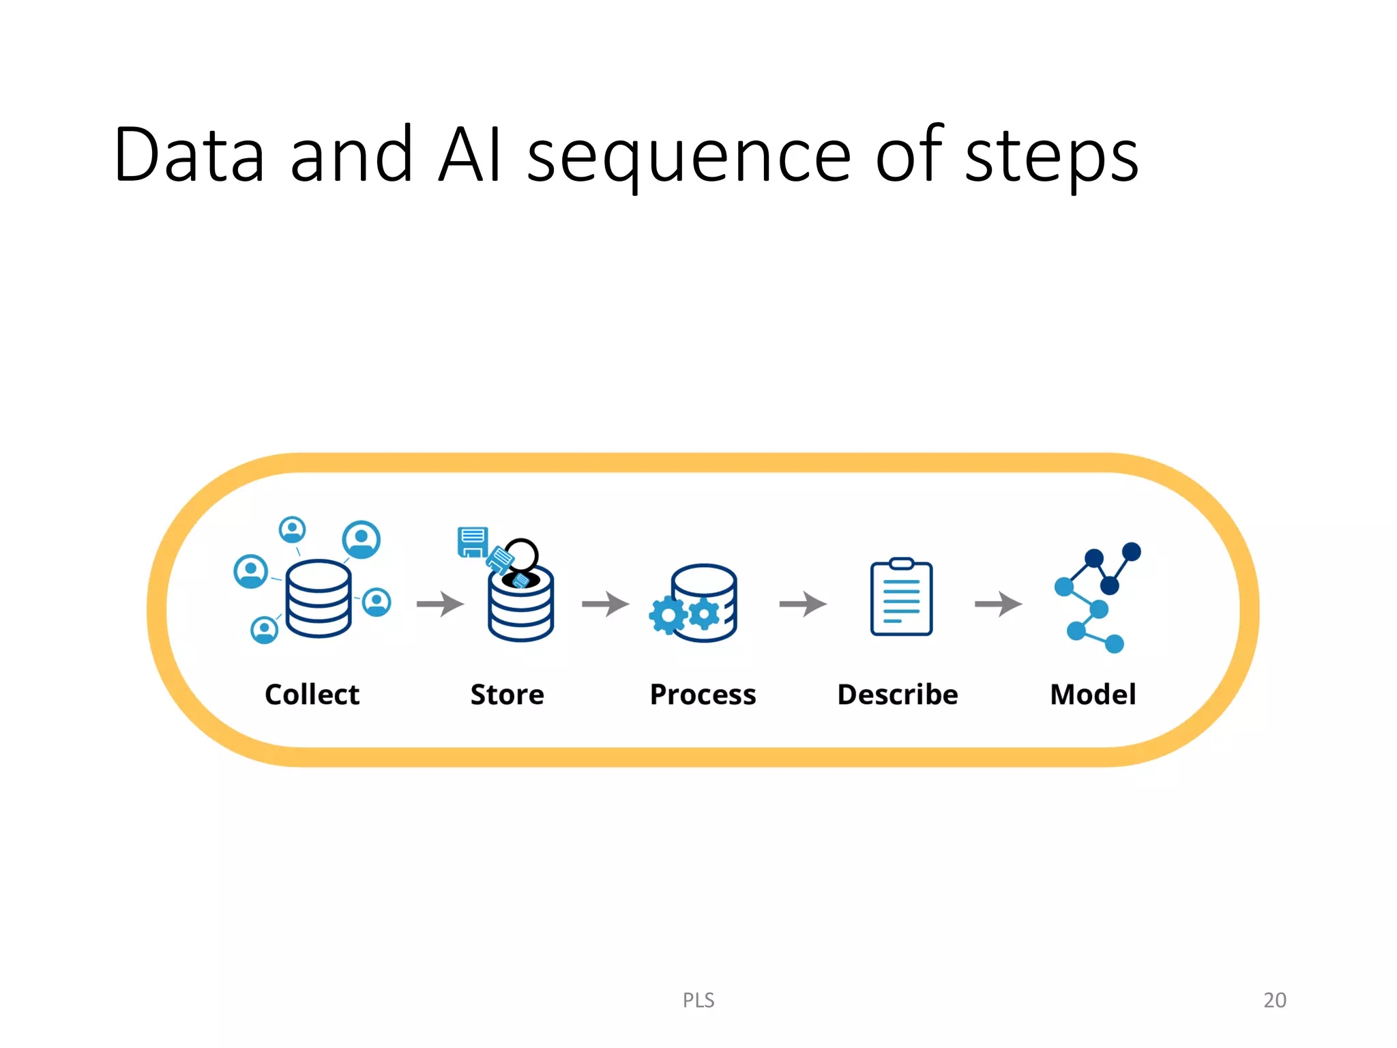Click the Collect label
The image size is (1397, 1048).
tap(312, 695)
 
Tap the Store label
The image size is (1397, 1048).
tap(507, 695)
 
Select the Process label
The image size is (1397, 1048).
tap(703, 695)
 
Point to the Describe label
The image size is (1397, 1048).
tap(898, 695)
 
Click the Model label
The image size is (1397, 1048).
tap(1093, 695)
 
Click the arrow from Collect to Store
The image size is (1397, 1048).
tap(441, 604)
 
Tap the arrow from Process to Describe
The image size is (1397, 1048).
tap(803, 604)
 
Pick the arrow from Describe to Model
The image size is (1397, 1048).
tap(999, 604)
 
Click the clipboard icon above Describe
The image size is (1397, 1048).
tap(901, 598)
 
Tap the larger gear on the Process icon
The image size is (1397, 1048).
tap(668, 615)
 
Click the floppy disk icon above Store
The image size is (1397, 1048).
tap(472, 542)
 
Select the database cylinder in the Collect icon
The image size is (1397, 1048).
tap(319, 598)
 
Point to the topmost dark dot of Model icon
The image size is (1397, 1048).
tap(1131, 551)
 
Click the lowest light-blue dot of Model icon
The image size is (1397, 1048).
tap(1114, 643)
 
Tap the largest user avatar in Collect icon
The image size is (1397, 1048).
tap(361, 539)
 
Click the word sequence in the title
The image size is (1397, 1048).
tap(689, 157)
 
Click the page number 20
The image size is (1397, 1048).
tap(1274, 1000)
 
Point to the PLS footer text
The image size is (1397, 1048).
tap(698, 1000)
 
